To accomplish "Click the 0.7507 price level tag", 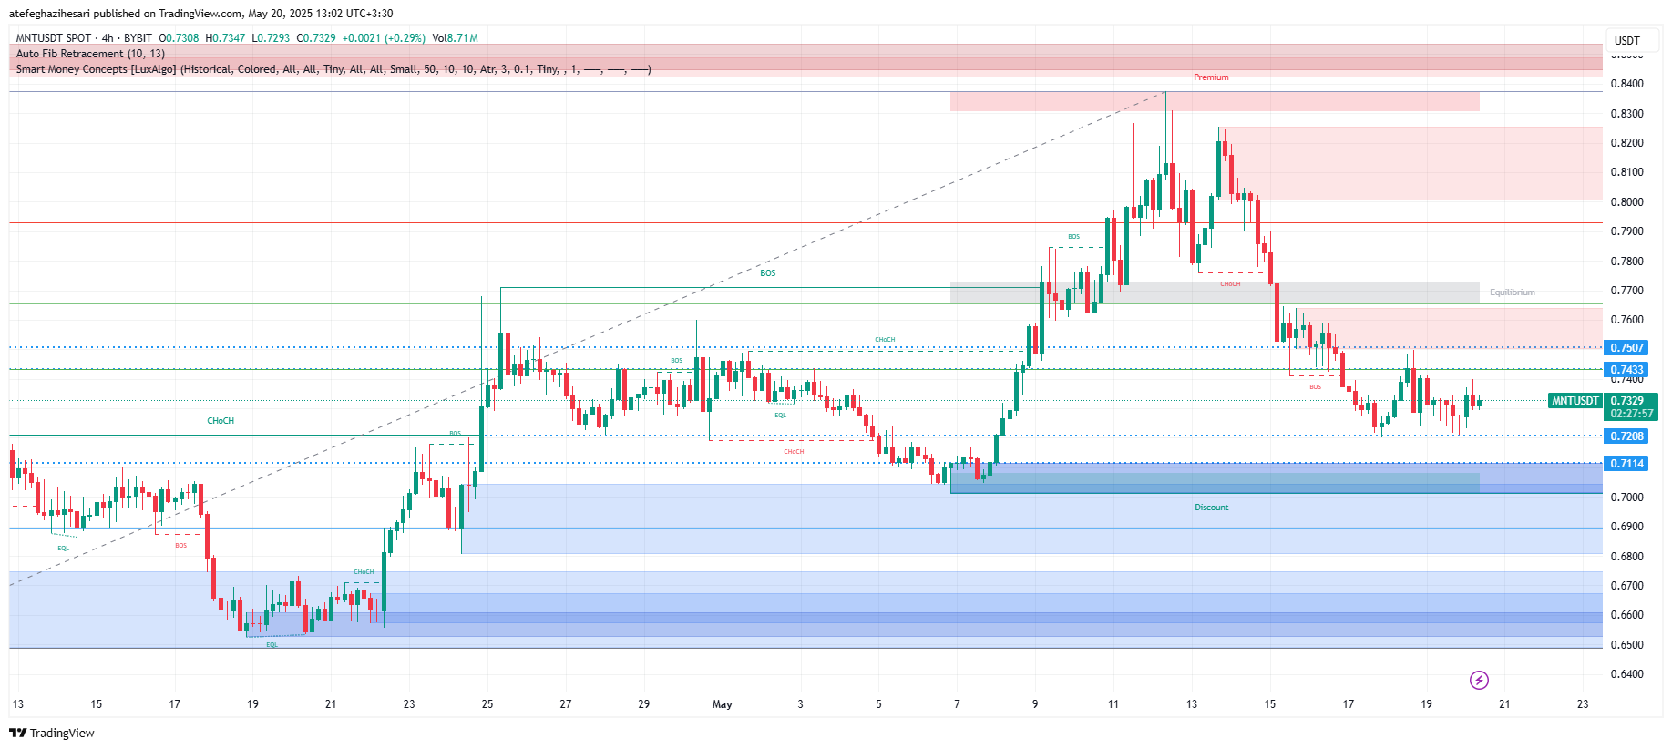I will pyautogui.click(x=1626, y=347).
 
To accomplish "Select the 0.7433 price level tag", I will pyautogui.click(x=1626, y=370).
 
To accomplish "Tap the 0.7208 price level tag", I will pyautogui.click(x=1626, y=436).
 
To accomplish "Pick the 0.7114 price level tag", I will pyautogui.click(x=1626, y=464).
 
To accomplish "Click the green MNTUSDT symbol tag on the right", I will pyautogui.click(x=1575, y=401).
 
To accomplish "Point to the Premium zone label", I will pyautogui.click(x=1211, y=77).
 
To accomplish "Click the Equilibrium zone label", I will pyautogui.click(x=1512, y=292).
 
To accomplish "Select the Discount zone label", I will pyautogui.click(x=1211, y=508).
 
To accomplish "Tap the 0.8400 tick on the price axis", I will pyautogui.click(x=1626, y=84).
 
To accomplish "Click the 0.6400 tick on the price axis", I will pyautogui.click(x=1626, y=674).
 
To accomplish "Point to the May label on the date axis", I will pyautogui.click(x=722, y=704).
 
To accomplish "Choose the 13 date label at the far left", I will pyautogui.click(x=18, y=704).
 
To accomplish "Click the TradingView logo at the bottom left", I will pyautogui.click(x=52, y=733).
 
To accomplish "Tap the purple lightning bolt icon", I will pyautogui.click(x=1479, y=680).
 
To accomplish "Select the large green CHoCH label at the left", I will pyautogui.click(x=221, y=421).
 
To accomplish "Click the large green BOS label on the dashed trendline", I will pyautogui.click(x=768, y=273).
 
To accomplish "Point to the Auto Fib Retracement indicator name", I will pyautogui.click(x=90, y=54).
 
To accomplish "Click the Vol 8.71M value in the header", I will pyautogui.click(x=456, y=38).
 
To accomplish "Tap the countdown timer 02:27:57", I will pyautogui.click(x=1631, y=414).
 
